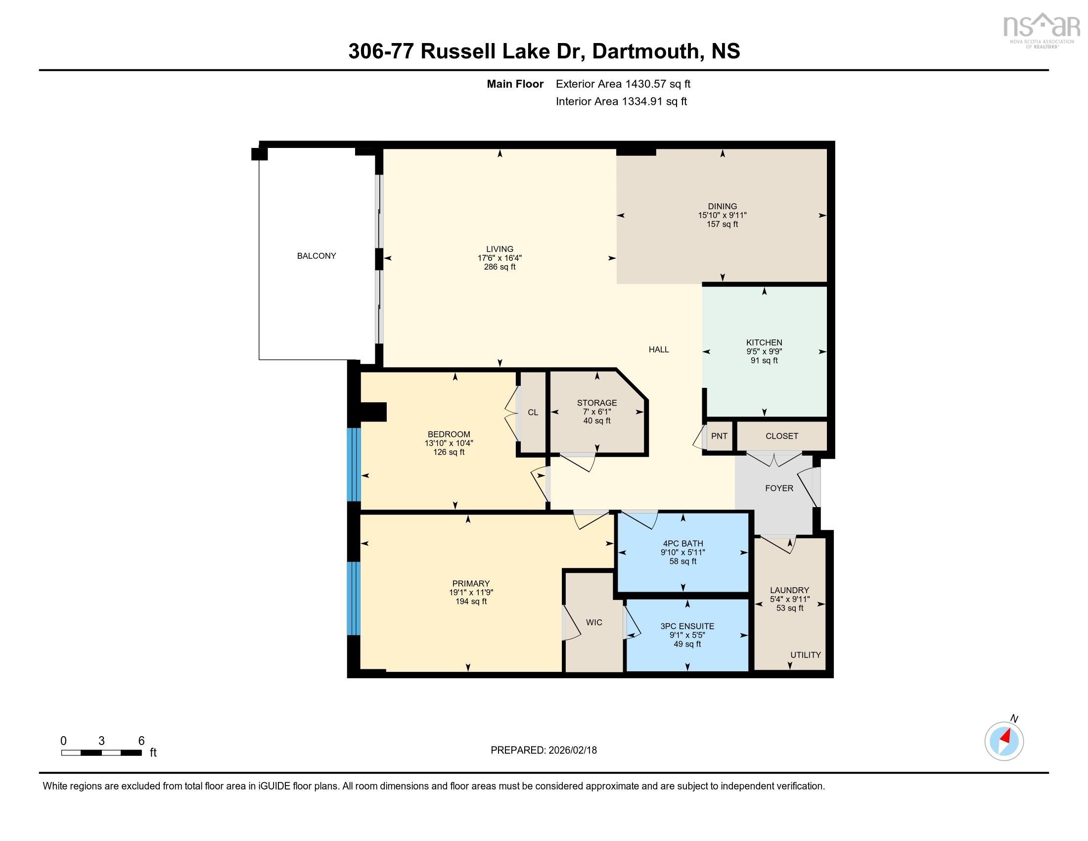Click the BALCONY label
point(317,256)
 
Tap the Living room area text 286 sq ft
point(499,267)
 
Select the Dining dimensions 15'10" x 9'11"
point(722,215)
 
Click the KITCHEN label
point(764,342)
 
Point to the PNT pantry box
point(719,436)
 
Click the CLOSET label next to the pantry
point(781,436)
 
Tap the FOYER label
point(778,488)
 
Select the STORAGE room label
point(597,403)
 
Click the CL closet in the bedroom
point(533,412)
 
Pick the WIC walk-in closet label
point(594,622)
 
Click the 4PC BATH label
point(682,544)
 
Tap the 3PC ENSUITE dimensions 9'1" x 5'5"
point(687,635)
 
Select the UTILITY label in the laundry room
point(805,654)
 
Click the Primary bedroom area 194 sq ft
point(471,602)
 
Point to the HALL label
point(658,349)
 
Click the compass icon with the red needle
point(1004,741)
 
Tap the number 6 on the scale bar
point(141,741)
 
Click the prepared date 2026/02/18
point(571,750)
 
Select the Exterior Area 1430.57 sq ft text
point(623,84)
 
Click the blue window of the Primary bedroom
point(353,598)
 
